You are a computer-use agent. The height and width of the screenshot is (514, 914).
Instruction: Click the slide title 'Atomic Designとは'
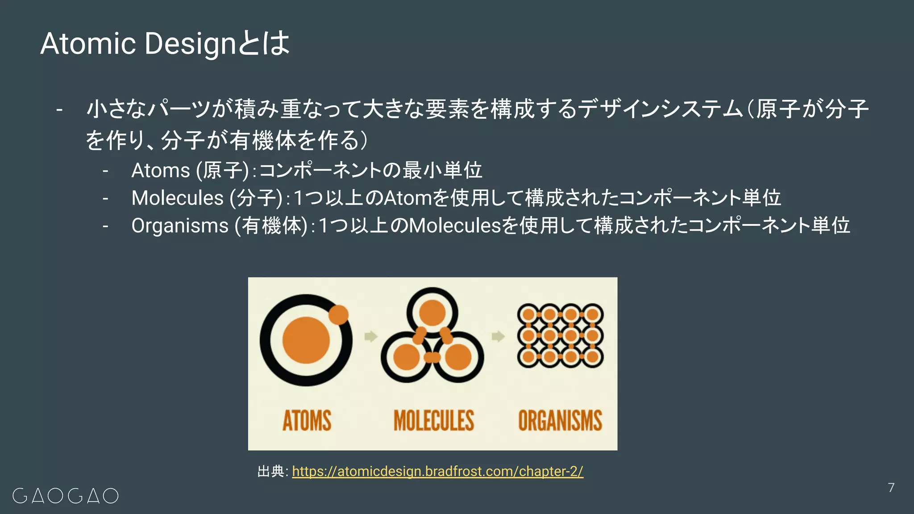point(165,44)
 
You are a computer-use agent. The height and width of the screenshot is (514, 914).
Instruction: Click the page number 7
point(891,487)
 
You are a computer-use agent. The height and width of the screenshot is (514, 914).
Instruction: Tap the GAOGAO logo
point(66,496)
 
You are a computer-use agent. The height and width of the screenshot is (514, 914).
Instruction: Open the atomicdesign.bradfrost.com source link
point(437,471)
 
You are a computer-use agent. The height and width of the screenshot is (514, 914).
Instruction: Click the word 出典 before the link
point(271,471)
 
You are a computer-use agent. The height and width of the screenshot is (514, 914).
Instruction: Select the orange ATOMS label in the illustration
point(307,420)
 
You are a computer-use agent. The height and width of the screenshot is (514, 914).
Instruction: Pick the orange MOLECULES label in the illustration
point(433,420)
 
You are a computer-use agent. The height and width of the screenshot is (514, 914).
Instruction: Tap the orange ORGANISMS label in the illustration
point(560,420)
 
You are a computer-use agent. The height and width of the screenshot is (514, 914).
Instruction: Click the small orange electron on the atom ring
point(338,315)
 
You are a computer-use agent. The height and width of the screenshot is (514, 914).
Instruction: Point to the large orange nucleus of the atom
point(306,340)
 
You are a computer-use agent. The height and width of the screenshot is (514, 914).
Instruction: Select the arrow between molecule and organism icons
point(498,336)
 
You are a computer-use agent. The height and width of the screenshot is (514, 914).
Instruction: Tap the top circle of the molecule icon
point(432,312)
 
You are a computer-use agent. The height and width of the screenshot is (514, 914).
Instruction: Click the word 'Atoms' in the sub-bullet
point(161,170)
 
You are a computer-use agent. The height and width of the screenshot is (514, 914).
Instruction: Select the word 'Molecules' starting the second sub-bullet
point(177,198)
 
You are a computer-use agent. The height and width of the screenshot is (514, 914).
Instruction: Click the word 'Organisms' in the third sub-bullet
point(179,225)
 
